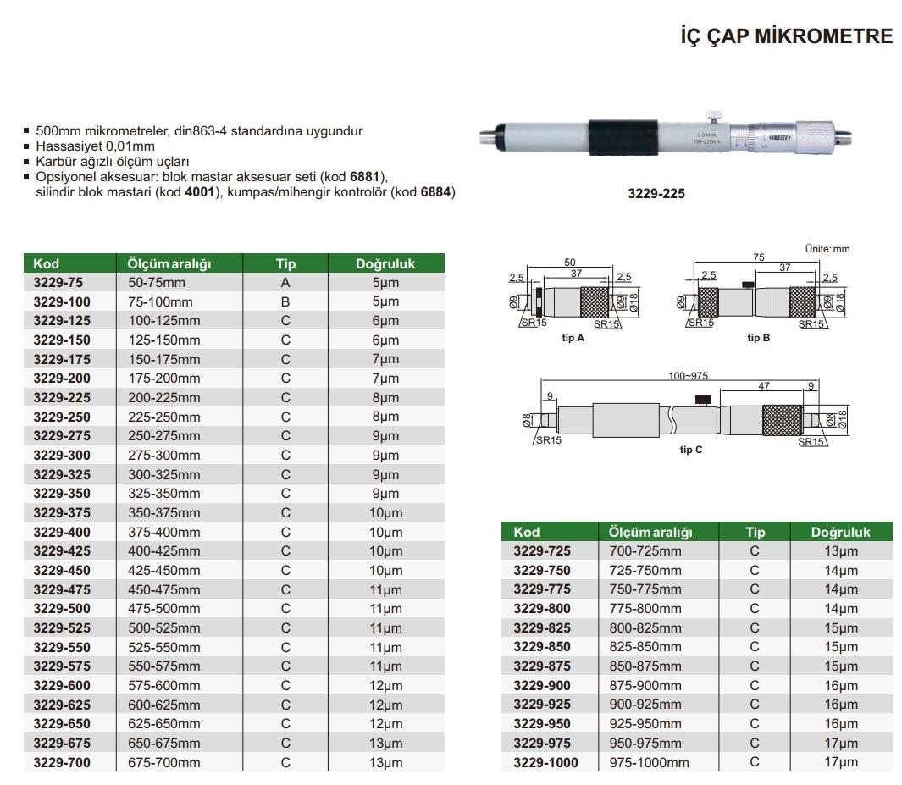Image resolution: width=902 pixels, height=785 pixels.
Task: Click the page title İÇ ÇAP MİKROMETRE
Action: click(787, 36)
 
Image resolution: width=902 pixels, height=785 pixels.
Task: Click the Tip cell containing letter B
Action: click(285, 302)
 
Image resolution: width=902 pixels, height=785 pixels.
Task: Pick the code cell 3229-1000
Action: click(545, 762)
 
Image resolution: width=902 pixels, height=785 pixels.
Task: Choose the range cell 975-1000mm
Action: click(650, 762)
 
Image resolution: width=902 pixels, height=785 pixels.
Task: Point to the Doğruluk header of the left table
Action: click(385, 263)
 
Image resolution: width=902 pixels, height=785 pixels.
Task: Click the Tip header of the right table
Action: click(755, 532)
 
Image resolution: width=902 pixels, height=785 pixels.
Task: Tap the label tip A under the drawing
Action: click(573, 338)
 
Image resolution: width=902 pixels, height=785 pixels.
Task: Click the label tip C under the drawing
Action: click(691, 450)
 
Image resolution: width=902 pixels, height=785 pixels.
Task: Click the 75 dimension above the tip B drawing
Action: click(759, 257)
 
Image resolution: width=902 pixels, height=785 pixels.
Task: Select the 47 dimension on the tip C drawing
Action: click(763, 385)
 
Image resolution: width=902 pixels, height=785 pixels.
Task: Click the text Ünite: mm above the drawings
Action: click(827, 249)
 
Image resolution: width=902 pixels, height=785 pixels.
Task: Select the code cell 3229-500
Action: click(61, 609)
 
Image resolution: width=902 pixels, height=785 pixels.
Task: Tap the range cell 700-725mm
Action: click(645, 551)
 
